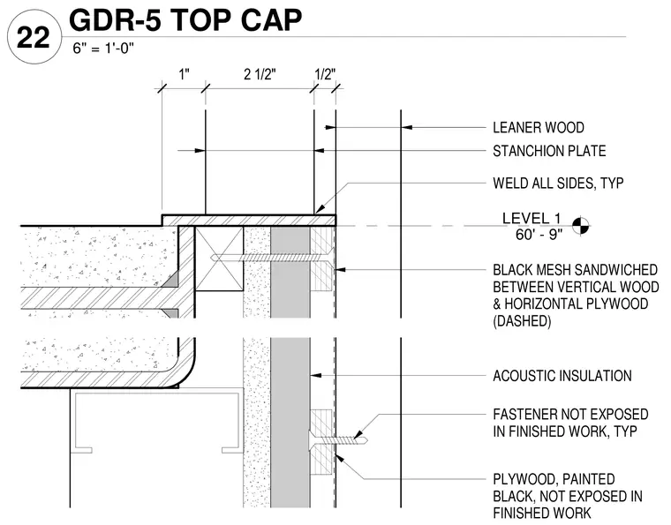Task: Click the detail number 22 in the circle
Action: pyautogui.click(x=34, y=38)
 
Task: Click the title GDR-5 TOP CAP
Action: pyautogui.click(x=185, y=19)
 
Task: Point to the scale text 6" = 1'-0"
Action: pyautogui.click(x=103, y=49)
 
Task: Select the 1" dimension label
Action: pyautogui.click(x=184, y=74)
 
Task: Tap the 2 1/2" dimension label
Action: pyautogui.click(x=260, y=74)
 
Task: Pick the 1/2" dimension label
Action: pyautogui.click(x=325, y=74)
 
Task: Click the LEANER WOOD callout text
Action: pyautogui.click(x=539, y=127)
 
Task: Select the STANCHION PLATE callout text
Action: pyautogui.click(x=549, y=151)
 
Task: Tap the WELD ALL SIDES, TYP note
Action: pyautogui.click(x=558, y=183)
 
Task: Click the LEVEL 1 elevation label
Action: pyautogui.click(x=532, y=219)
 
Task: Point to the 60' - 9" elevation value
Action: pyautogui.click(x=539, y=235)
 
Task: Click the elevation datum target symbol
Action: pyautogui.click(x=581, y=225)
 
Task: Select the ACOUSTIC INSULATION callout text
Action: pyautogui.click(x=562, y=376)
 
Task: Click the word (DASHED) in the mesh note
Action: pyautogui.click(x=522, y=320)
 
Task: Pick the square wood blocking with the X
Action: pyautogui.click(x=219, y=259)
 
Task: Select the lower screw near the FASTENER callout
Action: pyautogui.click(x=337, y=439)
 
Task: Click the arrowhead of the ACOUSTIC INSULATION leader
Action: pyautogui.click(x=315, y=375)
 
